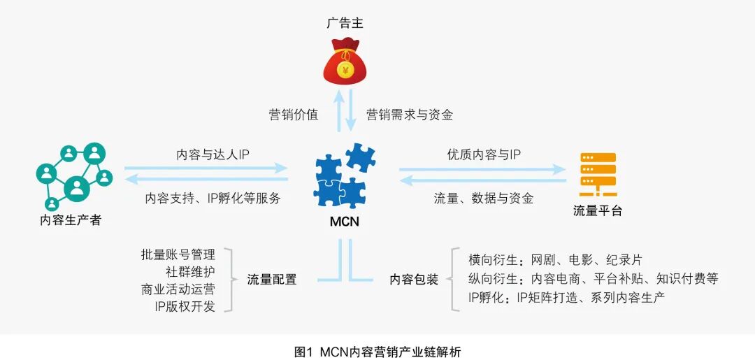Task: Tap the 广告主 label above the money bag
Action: click(345, 23)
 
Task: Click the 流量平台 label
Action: click(598, 210)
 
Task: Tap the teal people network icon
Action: click(73, 177)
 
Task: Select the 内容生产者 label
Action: click(71, 220)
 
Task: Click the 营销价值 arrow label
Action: click(294, 115)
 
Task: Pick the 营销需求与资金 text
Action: click(410, 115)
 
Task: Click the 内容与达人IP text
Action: click(213, 154)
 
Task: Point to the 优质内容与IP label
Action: click(484, 154)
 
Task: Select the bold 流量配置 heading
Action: click(272, 280)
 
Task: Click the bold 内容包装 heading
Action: click(414, 280)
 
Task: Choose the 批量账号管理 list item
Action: click(178, 254)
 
